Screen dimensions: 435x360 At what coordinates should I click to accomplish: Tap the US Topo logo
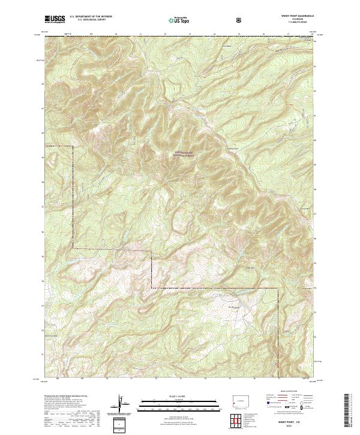tap(179, 20)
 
